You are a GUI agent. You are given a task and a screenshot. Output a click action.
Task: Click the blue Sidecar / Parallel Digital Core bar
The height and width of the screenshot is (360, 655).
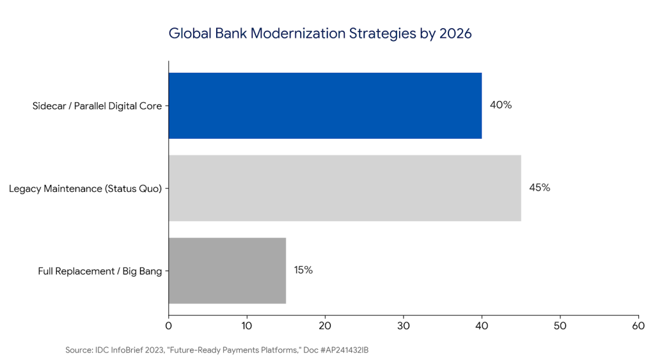pos(325,106)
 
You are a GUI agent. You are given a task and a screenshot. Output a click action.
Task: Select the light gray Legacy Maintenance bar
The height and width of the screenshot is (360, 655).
pos(344,188)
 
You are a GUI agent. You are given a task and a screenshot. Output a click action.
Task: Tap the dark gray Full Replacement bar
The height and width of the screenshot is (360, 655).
pos(227,270)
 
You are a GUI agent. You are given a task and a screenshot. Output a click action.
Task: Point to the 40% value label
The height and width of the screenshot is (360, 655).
pos(501,105)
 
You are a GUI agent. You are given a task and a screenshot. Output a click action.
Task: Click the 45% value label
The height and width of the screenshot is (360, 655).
pos(540,187)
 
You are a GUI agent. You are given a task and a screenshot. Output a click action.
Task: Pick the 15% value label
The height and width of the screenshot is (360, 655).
pos(303,270)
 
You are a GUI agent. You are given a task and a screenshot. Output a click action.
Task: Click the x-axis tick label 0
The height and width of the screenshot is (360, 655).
pos(168,325)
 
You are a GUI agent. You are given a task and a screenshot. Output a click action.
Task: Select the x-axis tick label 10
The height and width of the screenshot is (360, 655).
pos(247,325)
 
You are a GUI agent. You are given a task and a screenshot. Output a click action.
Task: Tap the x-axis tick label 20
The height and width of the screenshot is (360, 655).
pos(325,325)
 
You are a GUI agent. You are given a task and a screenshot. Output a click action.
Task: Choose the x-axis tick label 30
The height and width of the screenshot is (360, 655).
pos(404,325)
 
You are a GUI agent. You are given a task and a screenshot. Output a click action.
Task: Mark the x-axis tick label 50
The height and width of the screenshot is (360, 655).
pos(560,325)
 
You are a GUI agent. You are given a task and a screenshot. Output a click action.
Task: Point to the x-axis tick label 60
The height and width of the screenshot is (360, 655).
pos(638,325)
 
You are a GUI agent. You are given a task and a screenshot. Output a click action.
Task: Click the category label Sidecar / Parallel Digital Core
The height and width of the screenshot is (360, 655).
pos(97,106)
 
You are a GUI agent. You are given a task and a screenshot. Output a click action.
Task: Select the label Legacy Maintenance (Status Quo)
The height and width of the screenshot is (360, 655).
pos(85,188)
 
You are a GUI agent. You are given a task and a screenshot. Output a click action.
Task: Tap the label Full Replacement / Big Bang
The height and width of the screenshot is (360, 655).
pos(100,270)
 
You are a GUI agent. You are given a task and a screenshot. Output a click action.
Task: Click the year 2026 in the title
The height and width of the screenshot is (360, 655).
pos(455,34)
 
